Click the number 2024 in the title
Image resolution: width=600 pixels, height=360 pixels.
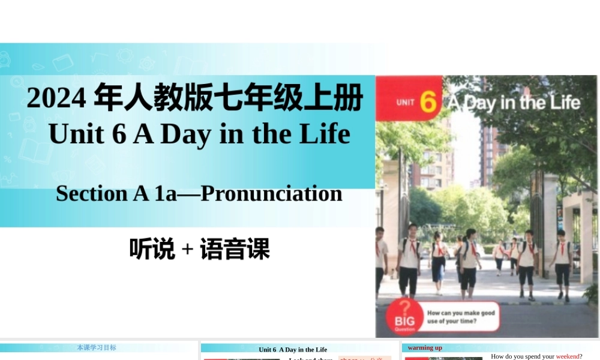[x=56, y=98]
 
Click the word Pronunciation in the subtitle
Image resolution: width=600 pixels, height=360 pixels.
[x=271, y=193]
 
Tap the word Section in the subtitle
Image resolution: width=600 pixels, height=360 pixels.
[x=90, y=193]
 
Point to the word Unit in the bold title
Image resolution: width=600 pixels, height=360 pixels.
[x=74, y=134]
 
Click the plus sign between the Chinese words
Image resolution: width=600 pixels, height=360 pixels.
[x=187, y=250]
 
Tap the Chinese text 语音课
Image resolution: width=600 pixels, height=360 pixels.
[x=235, y=249]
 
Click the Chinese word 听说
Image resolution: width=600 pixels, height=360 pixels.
[x=152, y=249]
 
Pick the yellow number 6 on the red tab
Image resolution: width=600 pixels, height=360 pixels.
[x=428, y=102]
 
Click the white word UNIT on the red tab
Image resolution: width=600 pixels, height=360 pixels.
[x=406, y=103]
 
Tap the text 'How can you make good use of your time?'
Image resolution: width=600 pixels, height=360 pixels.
[x=461, y=317]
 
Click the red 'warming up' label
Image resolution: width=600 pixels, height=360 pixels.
[x=425, y=347]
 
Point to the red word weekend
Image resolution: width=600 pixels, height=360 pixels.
[x=567, y=356]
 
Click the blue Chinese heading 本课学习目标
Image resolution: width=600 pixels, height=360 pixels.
[x=97, y=347]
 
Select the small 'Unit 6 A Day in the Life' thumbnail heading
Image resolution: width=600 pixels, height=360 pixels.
[x=293, y=349]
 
